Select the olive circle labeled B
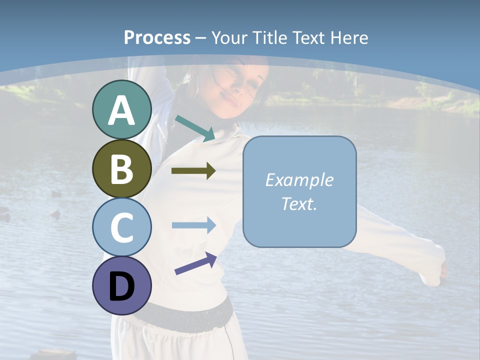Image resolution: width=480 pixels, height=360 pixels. (x=121, y=168)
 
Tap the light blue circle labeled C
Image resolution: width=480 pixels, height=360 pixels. (x=121, y=227)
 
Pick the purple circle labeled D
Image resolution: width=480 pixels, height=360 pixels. (x=121, y=286)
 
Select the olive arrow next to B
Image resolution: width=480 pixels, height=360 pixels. (x=193, y=171)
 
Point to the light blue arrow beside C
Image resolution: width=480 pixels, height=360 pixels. (x=193, y=225)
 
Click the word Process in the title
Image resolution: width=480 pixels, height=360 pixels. (x=157, y=37)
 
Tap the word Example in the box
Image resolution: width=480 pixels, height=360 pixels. (x=299, y=180)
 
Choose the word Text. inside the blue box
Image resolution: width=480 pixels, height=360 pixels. (x=299, y=204)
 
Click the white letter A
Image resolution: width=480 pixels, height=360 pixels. (x=121, y=111)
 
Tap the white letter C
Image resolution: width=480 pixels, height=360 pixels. (x=121, y=228)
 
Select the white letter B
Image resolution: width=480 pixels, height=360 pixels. (x=121, y=169)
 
